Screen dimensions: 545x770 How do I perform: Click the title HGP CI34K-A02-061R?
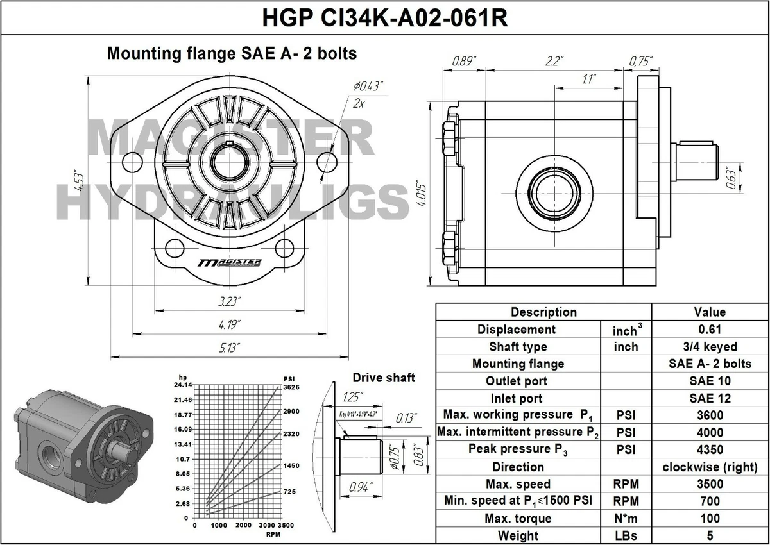[385, 17]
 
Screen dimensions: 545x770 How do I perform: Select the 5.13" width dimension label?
[229, 348]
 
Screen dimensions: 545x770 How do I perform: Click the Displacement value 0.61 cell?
[710, 330]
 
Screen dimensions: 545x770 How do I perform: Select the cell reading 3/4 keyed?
[710, 347]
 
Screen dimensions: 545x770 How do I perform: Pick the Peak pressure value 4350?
[710, 449]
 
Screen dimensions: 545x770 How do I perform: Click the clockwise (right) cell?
[710, 467]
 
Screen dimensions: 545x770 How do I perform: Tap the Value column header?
[710, 312]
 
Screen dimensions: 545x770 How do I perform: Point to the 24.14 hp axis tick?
[183, 385]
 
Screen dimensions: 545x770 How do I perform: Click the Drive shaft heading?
[384, 378]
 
